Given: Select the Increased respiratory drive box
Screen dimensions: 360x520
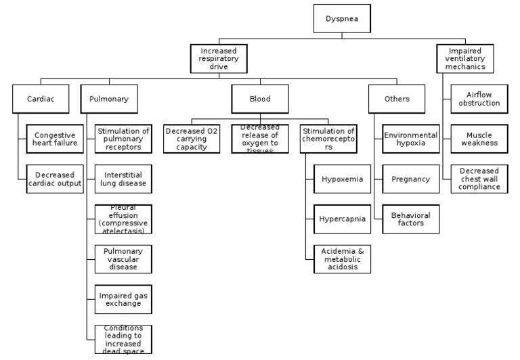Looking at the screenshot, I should pyautogui.click(x=218, y=59).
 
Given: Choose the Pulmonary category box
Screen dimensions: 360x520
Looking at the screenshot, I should pyautogui.click(x=109, y=99).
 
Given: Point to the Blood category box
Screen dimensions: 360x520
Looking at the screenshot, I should pyautogui.click(x=260, y=99).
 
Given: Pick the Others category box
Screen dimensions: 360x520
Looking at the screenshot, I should pyautogui.click(x=397, y=99).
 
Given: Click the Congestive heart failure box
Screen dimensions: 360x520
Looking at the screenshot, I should pyautogui.click(x=55, y=139).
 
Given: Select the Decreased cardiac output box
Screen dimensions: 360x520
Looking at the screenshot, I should pyautogui.click(x=55, y=179).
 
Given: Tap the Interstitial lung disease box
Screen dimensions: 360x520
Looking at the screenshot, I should pyautogui.click(x=123, y=179).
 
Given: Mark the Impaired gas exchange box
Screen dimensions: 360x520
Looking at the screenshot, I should pyautogui.click(x=123, y=299).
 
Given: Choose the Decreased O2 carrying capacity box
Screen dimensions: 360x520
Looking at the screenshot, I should pyautogui.click(x=192, y=139).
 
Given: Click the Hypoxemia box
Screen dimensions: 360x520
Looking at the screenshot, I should pyautogui.click(x=342, y=179).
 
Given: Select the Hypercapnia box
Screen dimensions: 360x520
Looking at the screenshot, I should pyautogui.click(x=342, y=219).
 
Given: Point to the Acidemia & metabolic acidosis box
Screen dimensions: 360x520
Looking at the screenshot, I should pyautogui.click(x=342, y=259).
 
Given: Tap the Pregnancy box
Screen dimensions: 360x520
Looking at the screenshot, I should pyautogui.click(x=411, y=179).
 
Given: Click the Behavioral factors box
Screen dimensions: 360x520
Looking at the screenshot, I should pyautogui.click(x=411, y=219).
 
